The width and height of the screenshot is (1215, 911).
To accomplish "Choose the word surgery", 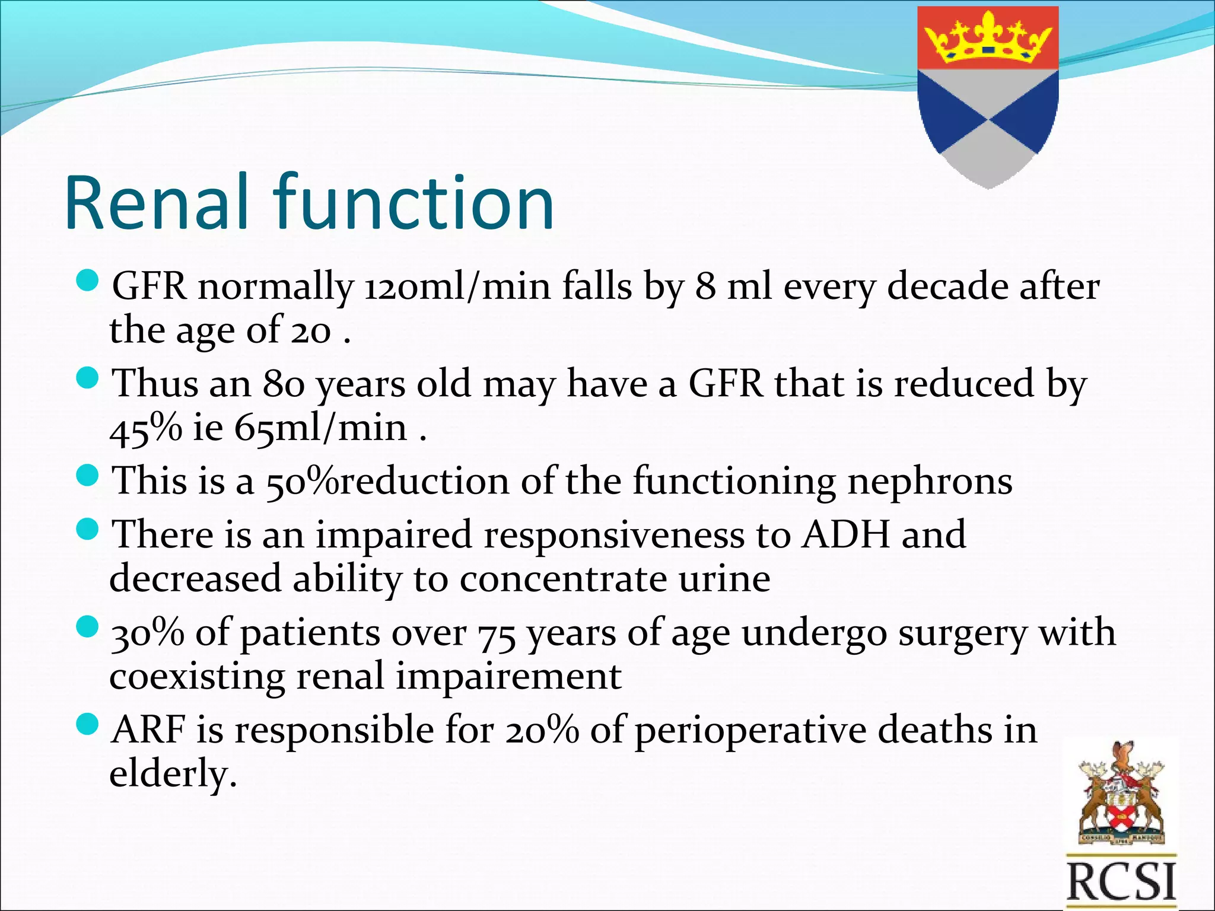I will pos(962,633).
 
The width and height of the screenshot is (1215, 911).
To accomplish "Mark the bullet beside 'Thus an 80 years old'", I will pos(87,378).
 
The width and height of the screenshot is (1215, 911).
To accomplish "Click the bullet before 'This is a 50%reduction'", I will pos(87,475).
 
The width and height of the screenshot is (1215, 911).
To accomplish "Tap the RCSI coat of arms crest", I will pos(1121,795).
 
